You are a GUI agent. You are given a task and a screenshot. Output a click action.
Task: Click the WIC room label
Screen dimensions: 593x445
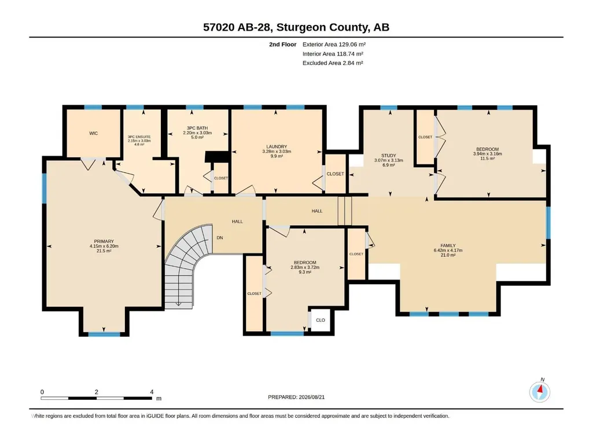coord(93,133)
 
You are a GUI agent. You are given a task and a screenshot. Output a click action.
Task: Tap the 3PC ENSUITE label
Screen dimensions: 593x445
coord(139,137)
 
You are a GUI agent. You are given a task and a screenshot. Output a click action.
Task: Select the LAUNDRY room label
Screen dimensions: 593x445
coord(277,146)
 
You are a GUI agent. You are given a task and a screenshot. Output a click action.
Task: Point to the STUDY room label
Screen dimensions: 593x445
coord(388,156)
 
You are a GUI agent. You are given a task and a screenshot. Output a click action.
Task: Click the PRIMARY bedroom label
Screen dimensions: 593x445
coord(104,241)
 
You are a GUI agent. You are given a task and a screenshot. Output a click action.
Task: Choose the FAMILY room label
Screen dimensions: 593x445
coord(448,245)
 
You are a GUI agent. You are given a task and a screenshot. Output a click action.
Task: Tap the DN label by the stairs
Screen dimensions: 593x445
coord(220,238)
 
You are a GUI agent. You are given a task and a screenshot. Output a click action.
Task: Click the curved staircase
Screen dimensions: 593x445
coord(185,265)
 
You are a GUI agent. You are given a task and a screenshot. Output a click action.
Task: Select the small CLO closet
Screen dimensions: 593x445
coord(321,320)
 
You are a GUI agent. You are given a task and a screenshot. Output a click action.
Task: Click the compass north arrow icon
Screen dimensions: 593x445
coord(540,392)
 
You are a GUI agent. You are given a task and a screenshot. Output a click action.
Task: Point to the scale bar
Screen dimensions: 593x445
coord(97,398)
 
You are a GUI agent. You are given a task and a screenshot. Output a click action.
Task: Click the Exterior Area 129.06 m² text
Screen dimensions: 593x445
coord(334,45)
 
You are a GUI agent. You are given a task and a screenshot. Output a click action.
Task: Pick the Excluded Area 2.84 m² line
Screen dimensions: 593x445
coord(333,63)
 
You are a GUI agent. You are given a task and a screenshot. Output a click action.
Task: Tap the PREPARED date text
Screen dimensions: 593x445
coord(296,397)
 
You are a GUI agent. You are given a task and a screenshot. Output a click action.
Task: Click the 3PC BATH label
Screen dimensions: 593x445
coord(197,128)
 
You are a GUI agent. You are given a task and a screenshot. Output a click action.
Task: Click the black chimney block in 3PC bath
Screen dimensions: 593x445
coord(217,157)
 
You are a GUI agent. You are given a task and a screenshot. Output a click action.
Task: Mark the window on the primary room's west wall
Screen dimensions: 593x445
coord(44,188)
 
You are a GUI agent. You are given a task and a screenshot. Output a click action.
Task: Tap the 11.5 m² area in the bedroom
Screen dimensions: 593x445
coord(488,159)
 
